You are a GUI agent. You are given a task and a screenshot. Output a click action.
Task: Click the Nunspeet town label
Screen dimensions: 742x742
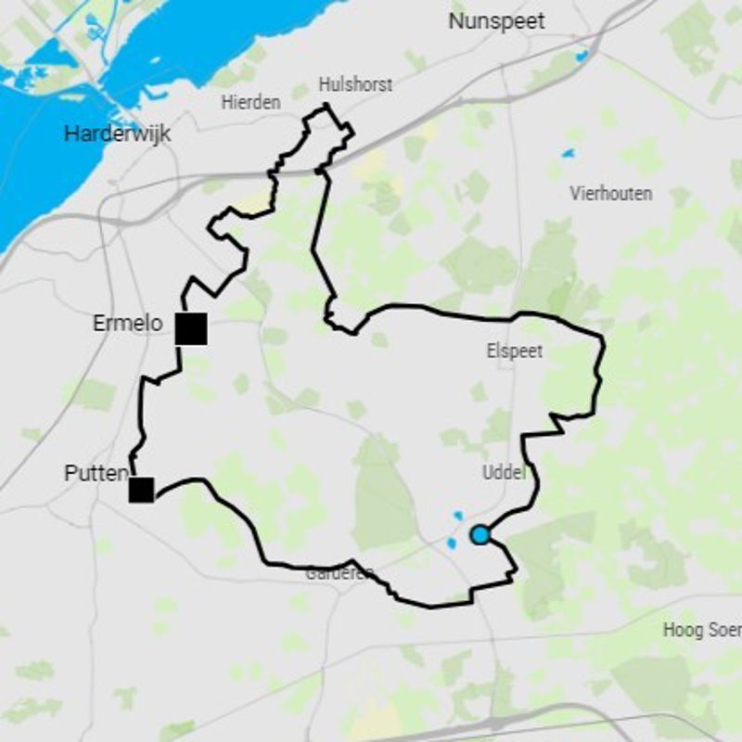(x=496, y=20)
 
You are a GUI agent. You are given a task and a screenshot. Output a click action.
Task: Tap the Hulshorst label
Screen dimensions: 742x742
(x=355, y=84)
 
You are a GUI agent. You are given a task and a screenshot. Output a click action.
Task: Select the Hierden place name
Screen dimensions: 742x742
(x=250, y=102)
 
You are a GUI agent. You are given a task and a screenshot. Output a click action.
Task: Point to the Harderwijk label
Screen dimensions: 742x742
(x=118, y=134)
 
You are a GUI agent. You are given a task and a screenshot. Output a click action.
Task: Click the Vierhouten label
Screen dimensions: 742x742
(x=611, y=194)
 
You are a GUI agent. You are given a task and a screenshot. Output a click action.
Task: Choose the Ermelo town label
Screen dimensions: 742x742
(x=128, y=324)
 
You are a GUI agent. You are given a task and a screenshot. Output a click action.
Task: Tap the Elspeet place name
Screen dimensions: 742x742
(x=514, y=352)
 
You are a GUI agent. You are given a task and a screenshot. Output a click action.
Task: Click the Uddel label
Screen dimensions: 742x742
(x=504, y=473)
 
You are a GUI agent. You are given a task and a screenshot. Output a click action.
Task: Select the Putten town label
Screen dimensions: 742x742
(x=96, y=473)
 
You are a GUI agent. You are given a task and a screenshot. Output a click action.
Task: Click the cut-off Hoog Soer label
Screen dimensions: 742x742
(x=701, y=631)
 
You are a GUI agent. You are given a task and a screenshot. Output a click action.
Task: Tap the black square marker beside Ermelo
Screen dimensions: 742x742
(x=192, y=329)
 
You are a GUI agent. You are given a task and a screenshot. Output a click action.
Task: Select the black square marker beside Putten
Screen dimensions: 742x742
(x=141, y=490)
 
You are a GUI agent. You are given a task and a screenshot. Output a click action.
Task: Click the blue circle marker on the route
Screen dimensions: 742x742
(x=480, y=535)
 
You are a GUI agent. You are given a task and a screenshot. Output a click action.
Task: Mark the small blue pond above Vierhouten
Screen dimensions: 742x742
(x=568, y=153)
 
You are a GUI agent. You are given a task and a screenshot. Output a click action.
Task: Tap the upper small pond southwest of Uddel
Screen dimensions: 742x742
(x=455, y=516)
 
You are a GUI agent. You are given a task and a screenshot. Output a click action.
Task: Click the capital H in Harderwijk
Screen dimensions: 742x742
(x=70, y=134)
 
